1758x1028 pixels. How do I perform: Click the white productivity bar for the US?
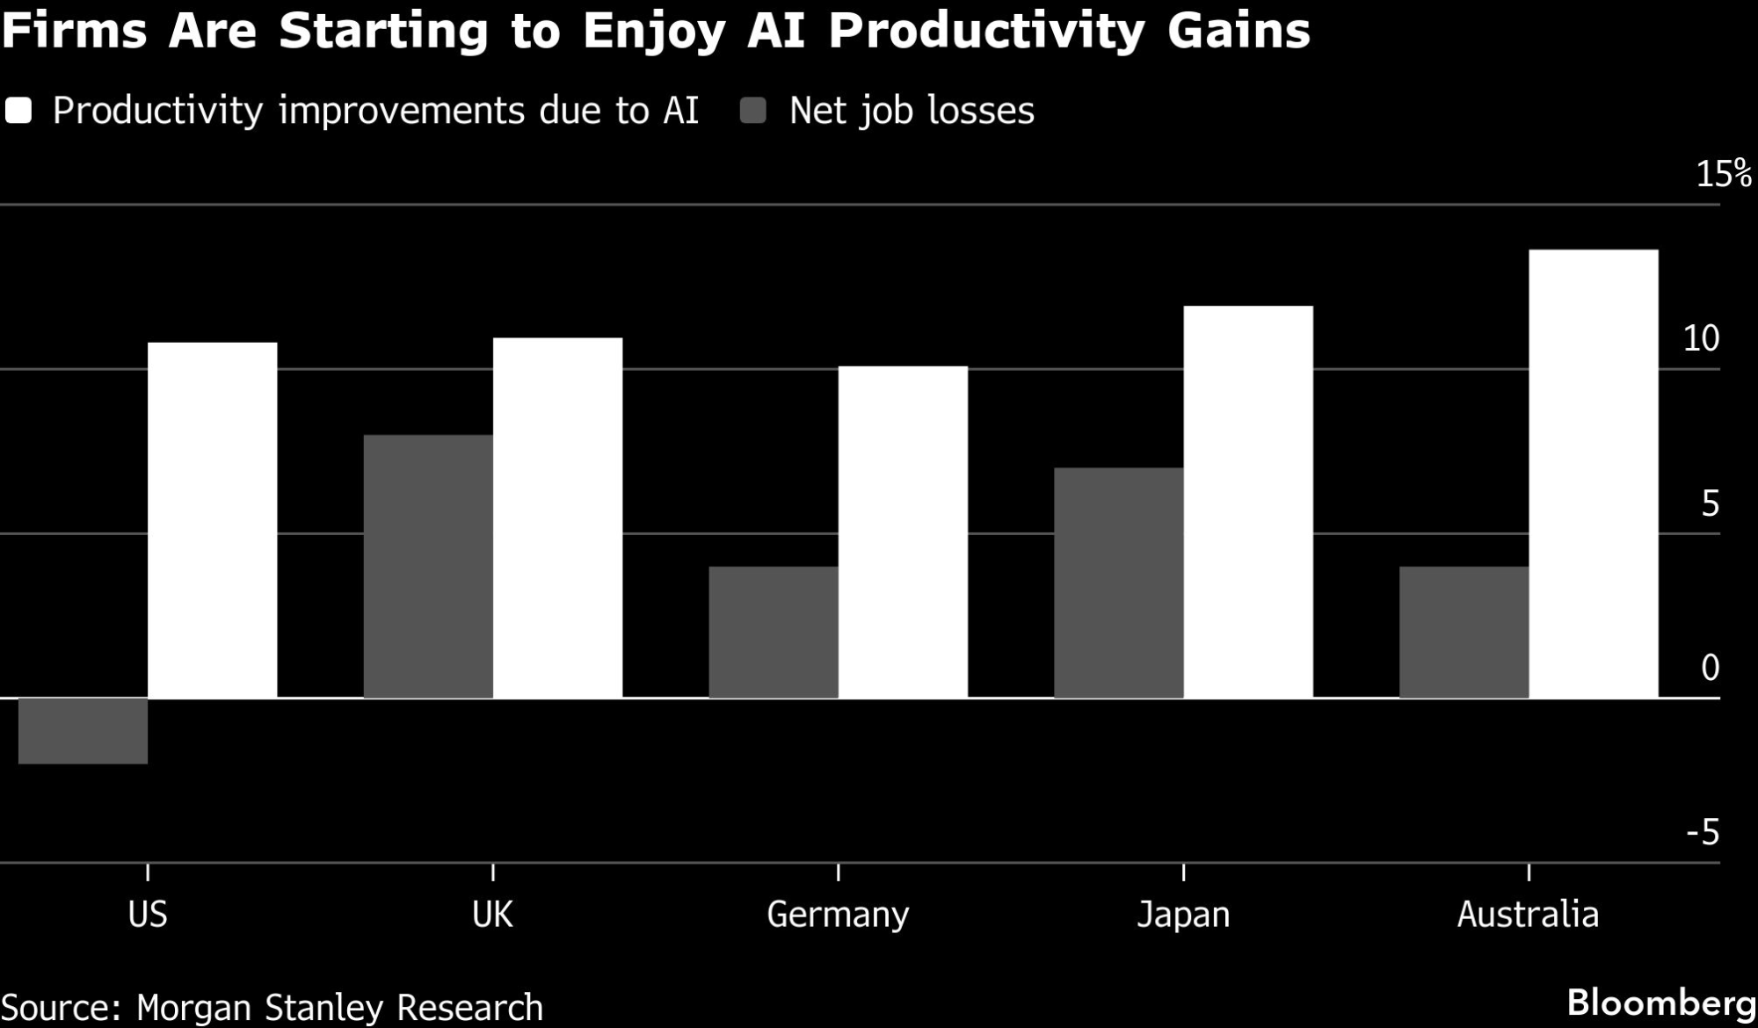pos(212,520)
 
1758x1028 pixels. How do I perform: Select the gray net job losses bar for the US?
pos(83,731)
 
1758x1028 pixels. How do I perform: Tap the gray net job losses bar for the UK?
pos(428,567)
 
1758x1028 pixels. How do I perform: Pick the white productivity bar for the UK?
pos(557,518)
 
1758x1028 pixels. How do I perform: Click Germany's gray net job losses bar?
pos(774,633)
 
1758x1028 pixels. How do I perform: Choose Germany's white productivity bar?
pos(903,532)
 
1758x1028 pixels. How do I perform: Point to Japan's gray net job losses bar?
pos(1119,583)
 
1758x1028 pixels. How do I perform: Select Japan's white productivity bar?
pos(1248,502)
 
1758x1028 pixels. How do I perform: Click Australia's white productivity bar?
pos(1594,474)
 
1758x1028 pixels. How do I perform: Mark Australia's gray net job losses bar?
pos(1464,633)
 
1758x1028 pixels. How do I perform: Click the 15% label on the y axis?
pos(1723,175)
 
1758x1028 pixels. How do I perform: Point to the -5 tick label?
pos(1703,832)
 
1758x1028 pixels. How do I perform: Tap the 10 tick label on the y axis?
pos(1701,338)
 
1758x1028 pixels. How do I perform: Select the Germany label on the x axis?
pos(838,915)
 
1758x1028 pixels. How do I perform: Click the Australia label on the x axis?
pos(1528,915)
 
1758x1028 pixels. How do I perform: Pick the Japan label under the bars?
pos(1183,915)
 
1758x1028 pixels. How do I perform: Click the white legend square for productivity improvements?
pos(18,111)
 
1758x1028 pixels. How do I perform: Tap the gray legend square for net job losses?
pos(753,111)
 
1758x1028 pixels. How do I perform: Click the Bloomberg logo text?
pos(1660,1003)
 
